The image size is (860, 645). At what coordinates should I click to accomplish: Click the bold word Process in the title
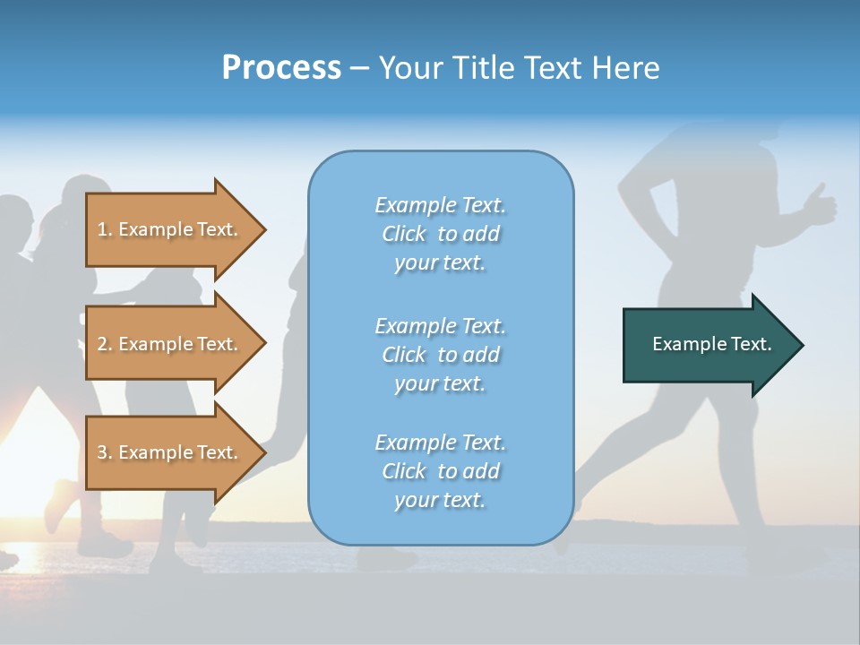tap(281, 68)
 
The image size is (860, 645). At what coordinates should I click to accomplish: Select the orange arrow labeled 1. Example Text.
tap(170, 229)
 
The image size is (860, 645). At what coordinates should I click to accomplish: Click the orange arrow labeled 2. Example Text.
tap(170, 344)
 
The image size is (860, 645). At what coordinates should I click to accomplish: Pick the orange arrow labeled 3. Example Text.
tap(170, 452)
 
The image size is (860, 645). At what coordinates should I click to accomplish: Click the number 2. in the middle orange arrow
tap(105, 344)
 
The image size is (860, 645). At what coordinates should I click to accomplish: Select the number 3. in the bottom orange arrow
tap(105, 452)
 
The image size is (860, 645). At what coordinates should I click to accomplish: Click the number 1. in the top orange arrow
tap(105, 229)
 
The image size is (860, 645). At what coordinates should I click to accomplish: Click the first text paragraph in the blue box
tap(440, 234)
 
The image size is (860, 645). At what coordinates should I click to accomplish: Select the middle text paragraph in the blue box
tap(440, 355)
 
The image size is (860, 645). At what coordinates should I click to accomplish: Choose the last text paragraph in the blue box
tap(440, 471)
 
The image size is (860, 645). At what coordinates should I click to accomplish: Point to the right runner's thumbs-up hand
tap(820, 206)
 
